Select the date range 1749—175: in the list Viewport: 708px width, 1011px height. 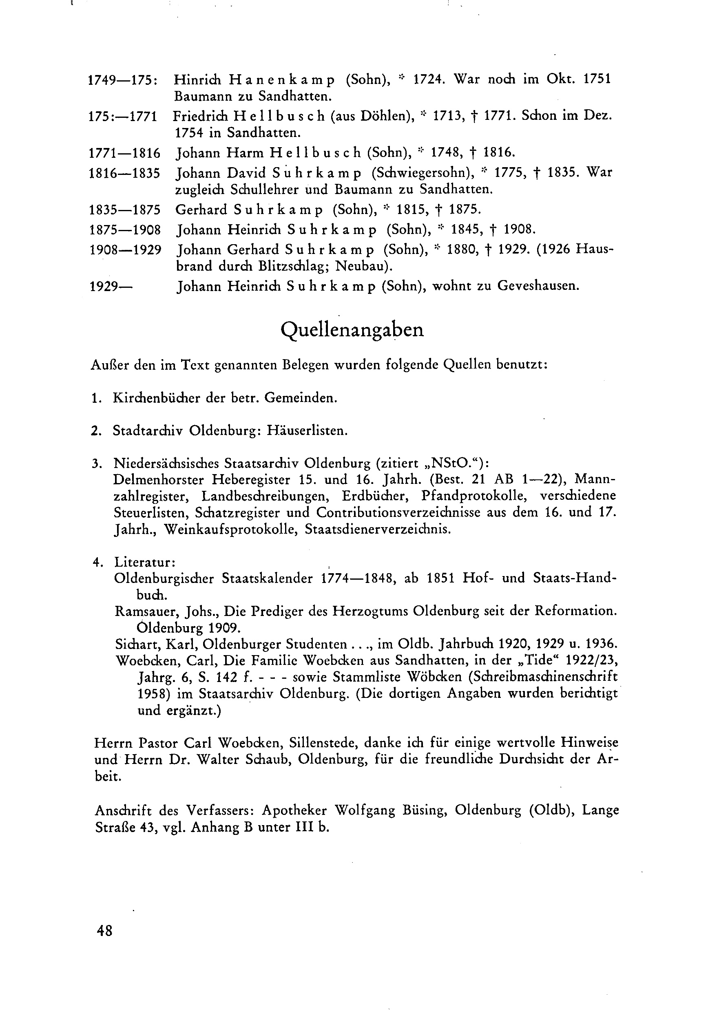point(124,80)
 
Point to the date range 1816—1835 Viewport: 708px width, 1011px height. point(125,173)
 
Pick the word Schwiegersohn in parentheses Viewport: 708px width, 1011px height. point(423,173)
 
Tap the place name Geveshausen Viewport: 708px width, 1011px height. point(538,286)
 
